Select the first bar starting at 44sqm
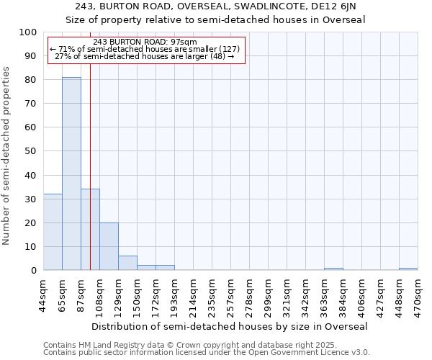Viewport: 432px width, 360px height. point(53,232)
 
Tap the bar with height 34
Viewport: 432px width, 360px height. point(90,230)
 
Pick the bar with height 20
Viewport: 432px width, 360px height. point(109,246)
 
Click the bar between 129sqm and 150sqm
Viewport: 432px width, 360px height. point(127,263)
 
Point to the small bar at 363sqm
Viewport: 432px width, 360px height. point(333,269)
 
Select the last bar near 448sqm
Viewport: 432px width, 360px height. point(408,269)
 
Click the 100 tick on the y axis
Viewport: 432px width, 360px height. point(27,32)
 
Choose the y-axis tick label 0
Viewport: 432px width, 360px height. point(33,270)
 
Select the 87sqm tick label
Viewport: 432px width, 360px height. point(81,292)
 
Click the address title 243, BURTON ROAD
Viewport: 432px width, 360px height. point(216,6)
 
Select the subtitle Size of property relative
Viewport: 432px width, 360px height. point(216,19)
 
